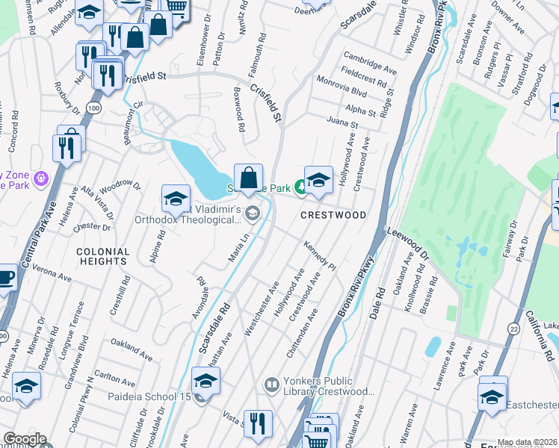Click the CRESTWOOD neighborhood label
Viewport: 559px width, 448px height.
(x=333, y=215)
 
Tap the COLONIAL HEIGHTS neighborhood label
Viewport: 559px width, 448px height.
(x=102, y=257)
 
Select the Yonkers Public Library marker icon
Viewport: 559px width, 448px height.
(x=272, y=386)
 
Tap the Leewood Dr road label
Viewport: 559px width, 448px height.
(x=408, y=243)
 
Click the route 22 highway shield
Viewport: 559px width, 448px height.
(x=513, y=329)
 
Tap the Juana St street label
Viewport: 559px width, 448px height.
(x=342, y=122)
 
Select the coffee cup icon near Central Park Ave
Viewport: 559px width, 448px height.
(x=5, y=277)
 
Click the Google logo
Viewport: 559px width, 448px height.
(x=25, y=439)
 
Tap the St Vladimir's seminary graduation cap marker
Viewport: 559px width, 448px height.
(x=176, y=199)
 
